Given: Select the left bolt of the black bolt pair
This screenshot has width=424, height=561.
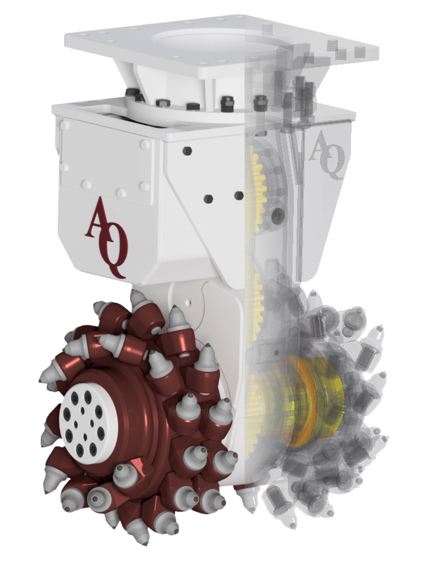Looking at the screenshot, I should coord(208,198).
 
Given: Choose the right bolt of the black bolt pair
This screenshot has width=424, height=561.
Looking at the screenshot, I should coord(238,196).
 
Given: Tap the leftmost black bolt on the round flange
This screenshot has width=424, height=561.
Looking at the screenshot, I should coord(131,93).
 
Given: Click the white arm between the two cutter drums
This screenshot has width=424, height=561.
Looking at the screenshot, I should coord(217,329).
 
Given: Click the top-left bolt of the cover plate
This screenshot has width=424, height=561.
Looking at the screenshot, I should coord(65,125).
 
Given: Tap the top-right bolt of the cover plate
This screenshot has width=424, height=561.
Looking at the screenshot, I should coord(146,142).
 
